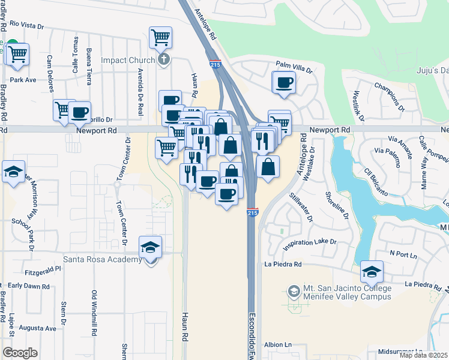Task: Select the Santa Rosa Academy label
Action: (103, 259)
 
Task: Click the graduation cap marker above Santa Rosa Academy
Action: (150, 247)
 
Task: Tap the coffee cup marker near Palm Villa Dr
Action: (284, 83)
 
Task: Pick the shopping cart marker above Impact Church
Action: (160, 38)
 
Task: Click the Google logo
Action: (20, 353)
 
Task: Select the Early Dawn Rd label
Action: (29, 286)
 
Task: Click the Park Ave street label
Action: (23, 79)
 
